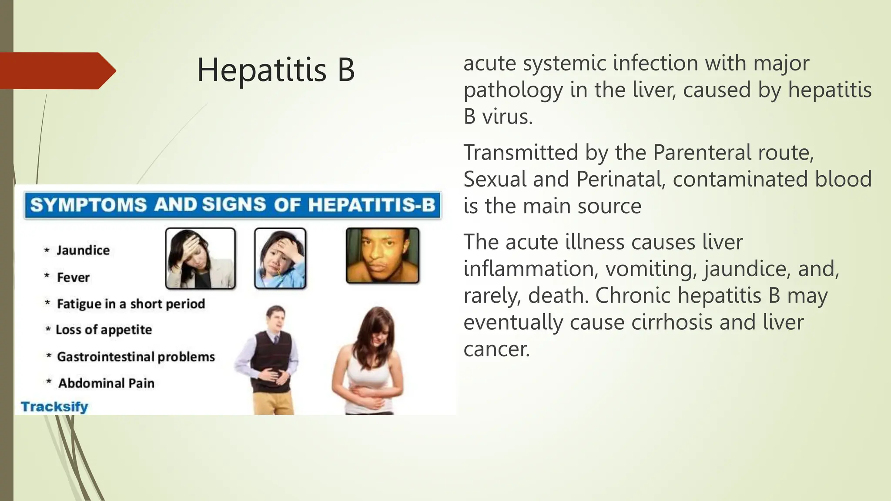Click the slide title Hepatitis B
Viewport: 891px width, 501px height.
[x=276, y=70]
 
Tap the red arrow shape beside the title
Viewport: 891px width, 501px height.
[x=57, y=71]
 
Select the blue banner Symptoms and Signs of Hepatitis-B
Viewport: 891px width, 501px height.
[x=233, y=205]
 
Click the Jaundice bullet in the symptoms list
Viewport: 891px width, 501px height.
[x=83, y=250]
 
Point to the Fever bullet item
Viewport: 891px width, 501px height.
[x=73, y=277]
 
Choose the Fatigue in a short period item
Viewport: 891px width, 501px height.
[x=131, y=304]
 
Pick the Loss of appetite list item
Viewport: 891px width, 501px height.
[x=104, y=330]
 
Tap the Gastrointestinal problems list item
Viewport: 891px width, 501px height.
[x=136, y=357]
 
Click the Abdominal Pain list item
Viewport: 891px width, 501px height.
[x=106, y=383]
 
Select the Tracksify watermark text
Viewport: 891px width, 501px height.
[x=54, y=407]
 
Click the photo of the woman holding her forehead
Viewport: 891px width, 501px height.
[x=200, y=258]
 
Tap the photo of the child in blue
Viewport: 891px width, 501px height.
[x=280, y=258]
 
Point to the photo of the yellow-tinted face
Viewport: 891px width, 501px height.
[x=382, y=256]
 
